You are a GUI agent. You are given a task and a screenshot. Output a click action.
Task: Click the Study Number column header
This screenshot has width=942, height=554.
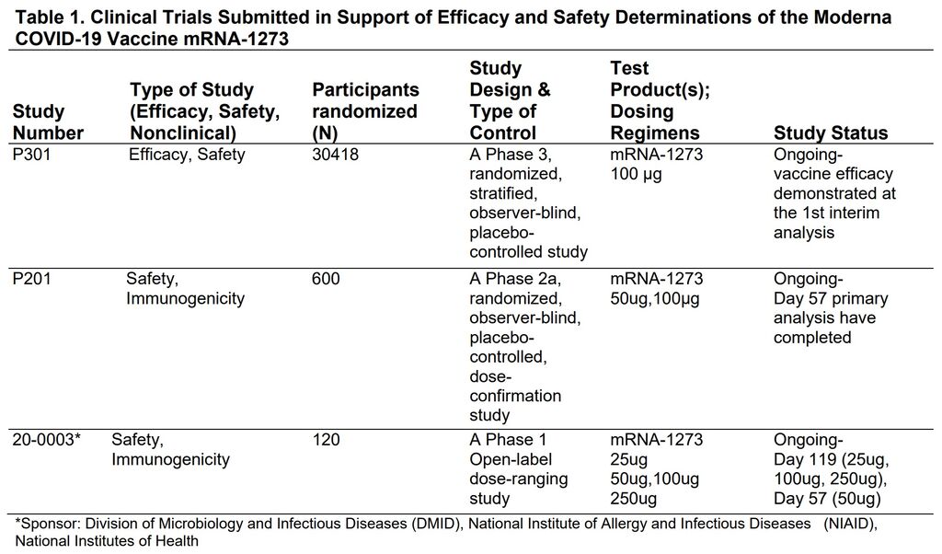click(x=48, y=122)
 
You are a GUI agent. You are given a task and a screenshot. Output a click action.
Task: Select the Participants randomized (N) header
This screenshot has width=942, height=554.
click(x=365, y=111)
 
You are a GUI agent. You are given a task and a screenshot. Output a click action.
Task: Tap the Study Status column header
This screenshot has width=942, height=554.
click(x=831, y=133)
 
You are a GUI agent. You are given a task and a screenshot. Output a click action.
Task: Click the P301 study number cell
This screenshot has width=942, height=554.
click(x=32, y=155)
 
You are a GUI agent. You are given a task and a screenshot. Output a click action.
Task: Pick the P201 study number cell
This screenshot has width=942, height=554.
click(x=32, y=279)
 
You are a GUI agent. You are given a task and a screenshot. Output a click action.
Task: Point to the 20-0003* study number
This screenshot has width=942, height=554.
click(x=46, y=440)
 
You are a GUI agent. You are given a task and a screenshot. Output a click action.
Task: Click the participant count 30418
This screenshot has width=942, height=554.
click(x=335, y=155)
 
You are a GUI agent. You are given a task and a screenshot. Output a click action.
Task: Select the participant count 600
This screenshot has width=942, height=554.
click(x=326, y=279)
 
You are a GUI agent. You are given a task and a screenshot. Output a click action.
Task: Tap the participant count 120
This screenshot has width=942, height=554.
click(x=326, y=440)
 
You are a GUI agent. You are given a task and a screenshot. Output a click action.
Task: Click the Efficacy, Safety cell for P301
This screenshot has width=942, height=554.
click(x=187, y=155)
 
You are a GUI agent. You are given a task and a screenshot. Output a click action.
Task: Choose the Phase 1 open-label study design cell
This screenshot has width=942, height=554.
click(x=519, y=468)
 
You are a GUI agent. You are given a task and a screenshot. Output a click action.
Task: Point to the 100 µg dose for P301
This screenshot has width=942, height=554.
click(x=636, y=174)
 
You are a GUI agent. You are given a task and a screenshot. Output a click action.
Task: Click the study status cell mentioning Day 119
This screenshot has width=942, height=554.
click(x=832, y=468)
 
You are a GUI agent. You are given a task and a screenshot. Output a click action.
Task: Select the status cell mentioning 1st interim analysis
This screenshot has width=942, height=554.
click(x=834, y=193)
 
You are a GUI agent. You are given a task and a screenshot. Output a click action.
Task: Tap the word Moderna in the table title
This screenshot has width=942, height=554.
click(x=853, y=17)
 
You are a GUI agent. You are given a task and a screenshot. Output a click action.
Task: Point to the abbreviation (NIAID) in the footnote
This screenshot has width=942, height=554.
click(x=850, y=524)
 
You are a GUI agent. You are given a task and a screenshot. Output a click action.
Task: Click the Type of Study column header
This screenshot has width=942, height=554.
click(x=205, y=111)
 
